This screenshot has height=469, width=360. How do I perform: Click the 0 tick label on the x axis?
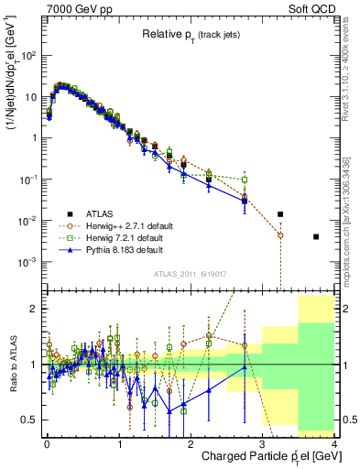[x=47, y=443]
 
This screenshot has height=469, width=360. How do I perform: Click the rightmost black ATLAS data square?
[x=316, y=236]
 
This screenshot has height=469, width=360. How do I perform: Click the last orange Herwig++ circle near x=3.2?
[x=280, y=235]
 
